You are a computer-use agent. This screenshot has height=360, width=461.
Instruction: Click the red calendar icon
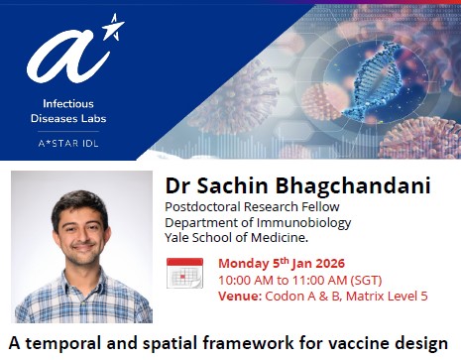point(184,273)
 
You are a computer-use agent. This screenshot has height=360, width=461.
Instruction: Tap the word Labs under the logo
point(117,117)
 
